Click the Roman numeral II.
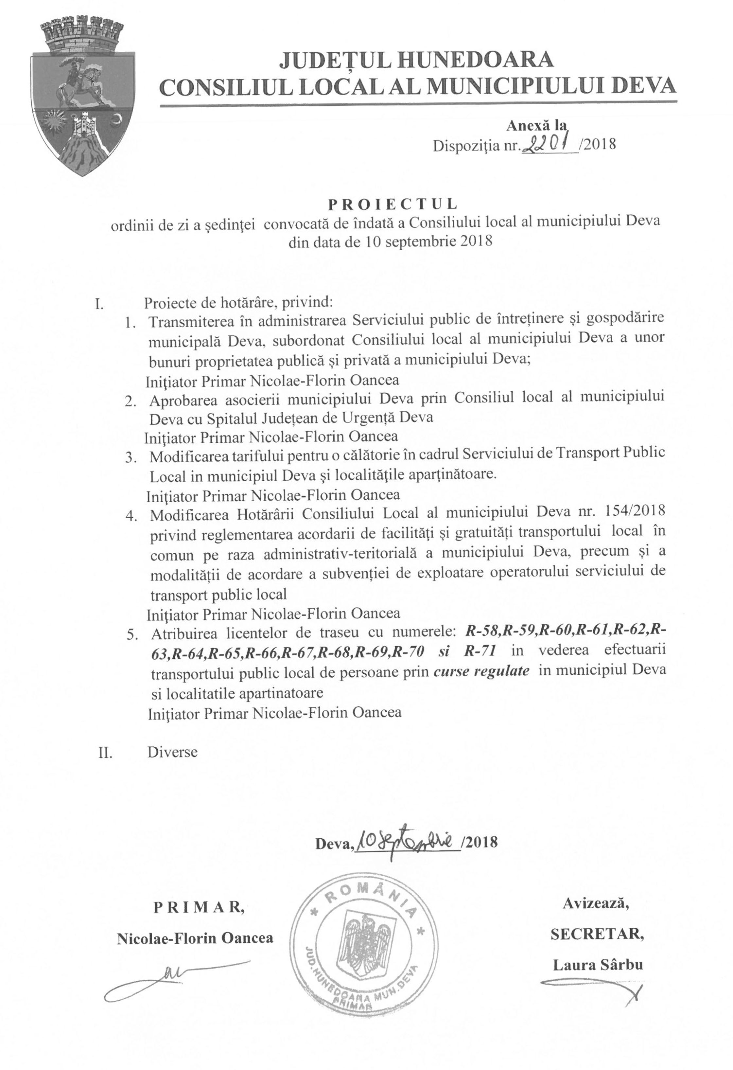click(106, 752)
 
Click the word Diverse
click(173, 752)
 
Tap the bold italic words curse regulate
click(481, 671)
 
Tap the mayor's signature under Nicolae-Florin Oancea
click(175, 983)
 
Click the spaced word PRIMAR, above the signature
click(199, 907)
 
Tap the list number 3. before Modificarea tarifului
click(132, 458)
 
